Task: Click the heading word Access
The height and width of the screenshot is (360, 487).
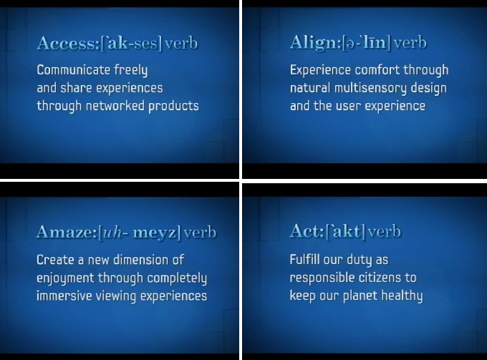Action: coord(68,43)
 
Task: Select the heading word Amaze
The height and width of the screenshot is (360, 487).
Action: coord(67,232)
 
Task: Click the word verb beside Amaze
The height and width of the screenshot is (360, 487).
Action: coord(200,232)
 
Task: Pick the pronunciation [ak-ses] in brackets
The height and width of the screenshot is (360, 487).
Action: coord(131,44)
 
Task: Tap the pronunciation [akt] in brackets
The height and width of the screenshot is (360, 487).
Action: coord(345,231)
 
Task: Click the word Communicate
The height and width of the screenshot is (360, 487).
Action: coord(73,70)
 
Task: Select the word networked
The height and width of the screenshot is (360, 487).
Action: coord(115,106)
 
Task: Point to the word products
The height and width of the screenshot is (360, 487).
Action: coord(173,107)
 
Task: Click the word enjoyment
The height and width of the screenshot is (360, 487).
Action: coord(65,278)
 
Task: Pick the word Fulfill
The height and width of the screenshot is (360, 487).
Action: coord(304,260)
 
